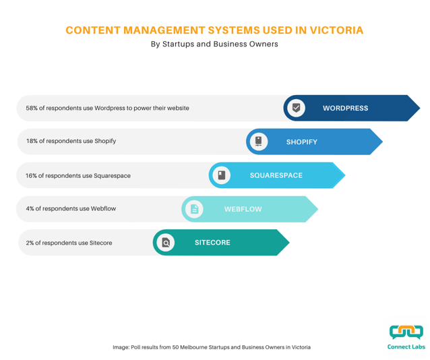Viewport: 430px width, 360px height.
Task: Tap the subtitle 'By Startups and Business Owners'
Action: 214,44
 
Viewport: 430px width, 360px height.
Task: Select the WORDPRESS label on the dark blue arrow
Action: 345,108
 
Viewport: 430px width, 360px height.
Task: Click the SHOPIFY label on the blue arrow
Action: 302,142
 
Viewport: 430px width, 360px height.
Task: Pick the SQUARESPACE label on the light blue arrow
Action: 276,175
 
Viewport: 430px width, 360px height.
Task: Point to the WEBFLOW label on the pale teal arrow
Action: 243,209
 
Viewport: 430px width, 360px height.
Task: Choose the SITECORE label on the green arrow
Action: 212,243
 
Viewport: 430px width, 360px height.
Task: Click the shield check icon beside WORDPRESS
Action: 296,108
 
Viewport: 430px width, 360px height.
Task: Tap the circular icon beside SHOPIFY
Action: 259,142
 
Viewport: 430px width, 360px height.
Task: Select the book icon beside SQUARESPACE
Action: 222,175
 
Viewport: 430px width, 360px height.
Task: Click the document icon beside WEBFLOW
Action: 194,209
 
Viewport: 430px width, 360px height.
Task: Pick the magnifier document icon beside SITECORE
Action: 166,243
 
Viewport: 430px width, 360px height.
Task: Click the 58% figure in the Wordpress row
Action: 32,108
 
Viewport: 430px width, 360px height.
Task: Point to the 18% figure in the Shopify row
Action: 32,141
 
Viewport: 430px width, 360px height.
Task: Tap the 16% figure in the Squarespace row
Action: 31,175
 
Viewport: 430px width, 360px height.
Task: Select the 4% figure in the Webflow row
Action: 30,208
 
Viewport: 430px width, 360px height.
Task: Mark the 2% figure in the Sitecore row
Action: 30,243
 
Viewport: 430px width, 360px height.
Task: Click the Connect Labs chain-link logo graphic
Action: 406,332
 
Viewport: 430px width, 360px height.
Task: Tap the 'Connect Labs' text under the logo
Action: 406,347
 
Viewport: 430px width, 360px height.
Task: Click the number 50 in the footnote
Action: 175,347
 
